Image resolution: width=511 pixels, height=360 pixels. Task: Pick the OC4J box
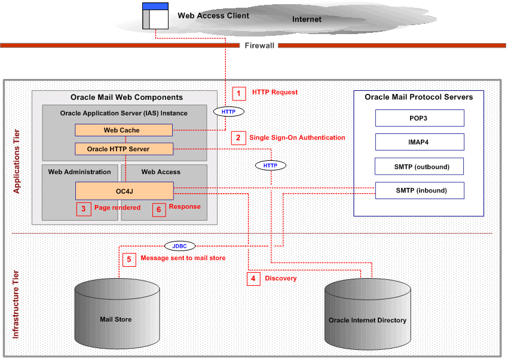124,191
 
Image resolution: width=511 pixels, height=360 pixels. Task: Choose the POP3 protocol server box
420,118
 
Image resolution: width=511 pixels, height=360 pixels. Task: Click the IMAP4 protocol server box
420,142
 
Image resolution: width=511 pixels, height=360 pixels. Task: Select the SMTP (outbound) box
420,166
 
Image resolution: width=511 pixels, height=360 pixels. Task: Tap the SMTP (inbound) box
420,190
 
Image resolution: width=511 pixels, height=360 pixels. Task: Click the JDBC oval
180,245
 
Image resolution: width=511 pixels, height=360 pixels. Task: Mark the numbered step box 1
239,93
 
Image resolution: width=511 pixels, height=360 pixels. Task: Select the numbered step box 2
238,138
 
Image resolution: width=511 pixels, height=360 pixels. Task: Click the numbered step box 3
84,209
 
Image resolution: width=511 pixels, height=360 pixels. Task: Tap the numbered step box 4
253,279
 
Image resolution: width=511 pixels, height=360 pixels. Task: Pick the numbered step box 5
129,260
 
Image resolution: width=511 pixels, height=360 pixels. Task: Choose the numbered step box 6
158,209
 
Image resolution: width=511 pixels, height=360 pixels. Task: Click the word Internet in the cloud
307,19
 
